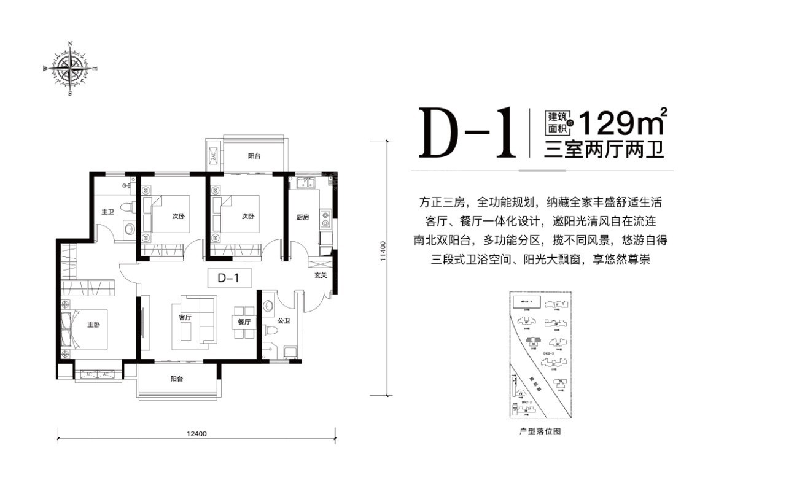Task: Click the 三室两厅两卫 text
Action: (604, 150)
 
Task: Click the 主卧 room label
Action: (93, 325)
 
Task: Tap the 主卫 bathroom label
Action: (108, 212)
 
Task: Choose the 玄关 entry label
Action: (321, 275)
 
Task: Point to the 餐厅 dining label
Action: (244, 322)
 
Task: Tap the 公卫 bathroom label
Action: (283, 320)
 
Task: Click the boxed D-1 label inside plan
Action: (228, 278)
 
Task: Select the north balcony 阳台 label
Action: (254, 156)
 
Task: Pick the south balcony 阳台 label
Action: (177, 379)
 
